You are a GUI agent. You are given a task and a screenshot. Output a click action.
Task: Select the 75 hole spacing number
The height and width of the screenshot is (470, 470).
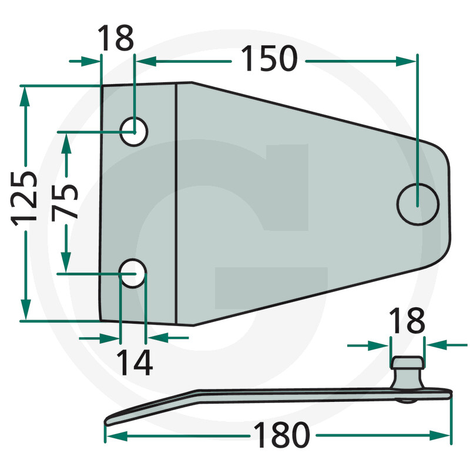(x=65, y=201)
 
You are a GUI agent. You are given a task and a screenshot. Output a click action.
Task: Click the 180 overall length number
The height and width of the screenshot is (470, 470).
(x=281, y=436)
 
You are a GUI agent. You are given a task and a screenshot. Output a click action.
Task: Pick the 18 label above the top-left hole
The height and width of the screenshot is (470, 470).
(x=116, y=39)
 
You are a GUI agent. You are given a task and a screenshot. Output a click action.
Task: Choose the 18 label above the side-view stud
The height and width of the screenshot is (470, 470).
(x=407, y=321)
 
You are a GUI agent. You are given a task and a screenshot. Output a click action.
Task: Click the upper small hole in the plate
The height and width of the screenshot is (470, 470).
(x=134, y=131)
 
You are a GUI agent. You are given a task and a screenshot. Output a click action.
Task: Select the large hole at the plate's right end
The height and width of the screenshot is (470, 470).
(x=418, y=204)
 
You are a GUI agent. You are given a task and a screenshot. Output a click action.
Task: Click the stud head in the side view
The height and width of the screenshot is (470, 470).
(x=407, y=362)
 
